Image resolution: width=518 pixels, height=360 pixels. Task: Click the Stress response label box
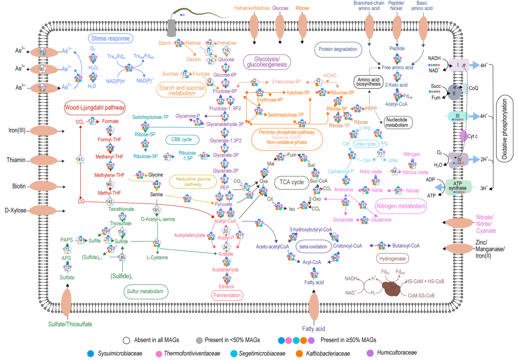tap(111, 38)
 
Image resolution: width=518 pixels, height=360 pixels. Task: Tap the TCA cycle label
tap(292, 182)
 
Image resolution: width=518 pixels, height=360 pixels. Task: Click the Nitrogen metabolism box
tap(401, 206)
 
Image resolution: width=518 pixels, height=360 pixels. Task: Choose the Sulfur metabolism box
tap(145, 292)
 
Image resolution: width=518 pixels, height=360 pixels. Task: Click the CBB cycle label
tap(182, 140)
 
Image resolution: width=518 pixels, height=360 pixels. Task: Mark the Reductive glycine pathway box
tap(193, 182)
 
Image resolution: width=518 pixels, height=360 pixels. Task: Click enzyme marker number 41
tap(80, 160)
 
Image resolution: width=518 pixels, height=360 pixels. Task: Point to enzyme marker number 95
tap(128, 68)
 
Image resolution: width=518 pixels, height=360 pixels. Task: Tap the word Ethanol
tap(227, 286)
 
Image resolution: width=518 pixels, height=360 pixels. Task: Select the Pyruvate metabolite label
tap(224, 204)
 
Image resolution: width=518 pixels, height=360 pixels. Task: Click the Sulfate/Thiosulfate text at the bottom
tap(70, 324)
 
